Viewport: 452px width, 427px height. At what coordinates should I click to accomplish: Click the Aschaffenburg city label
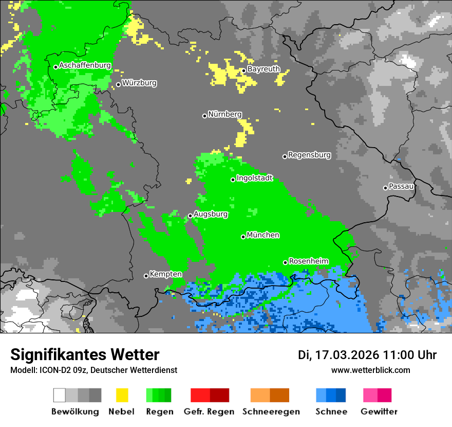[85, 65]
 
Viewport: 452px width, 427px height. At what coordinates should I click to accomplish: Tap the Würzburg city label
[139, 83]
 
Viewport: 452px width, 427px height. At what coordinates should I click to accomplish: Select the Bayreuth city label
[263, 69]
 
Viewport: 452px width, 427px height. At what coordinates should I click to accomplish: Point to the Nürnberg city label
[224, 114]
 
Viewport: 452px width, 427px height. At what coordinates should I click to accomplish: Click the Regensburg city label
[309, 155]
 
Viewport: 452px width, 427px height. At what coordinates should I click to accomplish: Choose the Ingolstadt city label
[254, 178]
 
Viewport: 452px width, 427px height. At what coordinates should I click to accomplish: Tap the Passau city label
[401, 186]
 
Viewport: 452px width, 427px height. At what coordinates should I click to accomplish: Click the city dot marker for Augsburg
[190, 216]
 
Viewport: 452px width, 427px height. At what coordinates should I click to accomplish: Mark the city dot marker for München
[243, 237]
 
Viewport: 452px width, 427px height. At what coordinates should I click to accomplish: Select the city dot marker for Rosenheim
[285, 262]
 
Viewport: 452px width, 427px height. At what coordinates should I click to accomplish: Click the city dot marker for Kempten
[146, 276]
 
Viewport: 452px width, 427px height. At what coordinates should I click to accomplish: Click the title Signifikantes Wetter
[85, 354]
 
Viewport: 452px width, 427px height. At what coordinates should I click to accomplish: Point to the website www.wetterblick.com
[370, 370]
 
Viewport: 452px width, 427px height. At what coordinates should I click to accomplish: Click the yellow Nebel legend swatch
[122, 395]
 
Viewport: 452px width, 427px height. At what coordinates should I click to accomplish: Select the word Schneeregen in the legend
[271, 412]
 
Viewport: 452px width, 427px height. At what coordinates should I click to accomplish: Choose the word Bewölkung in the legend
[75, 412]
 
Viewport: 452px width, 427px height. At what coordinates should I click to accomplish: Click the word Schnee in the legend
[331, 412]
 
